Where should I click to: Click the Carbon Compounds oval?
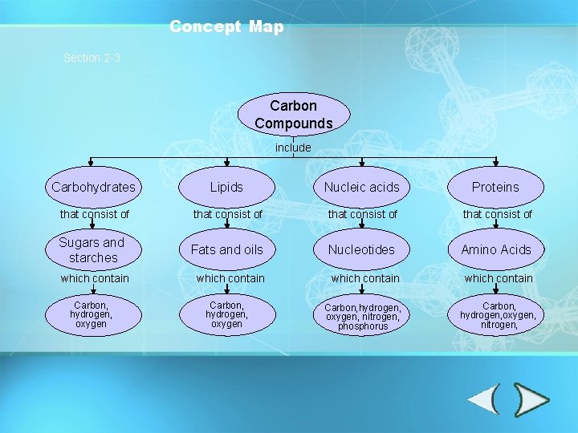[293, 114]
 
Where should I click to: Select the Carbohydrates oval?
[93, 187]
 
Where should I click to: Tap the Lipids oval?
[226, 187]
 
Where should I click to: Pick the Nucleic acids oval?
[361, 187]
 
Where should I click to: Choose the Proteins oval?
[495, 187]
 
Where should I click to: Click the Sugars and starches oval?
[93, 249]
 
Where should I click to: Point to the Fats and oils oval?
[226, 249]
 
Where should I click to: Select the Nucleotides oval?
[361, 249]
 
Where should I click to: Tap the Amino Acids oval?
[495, 249]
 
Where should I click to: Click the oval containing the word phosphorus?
[362, 317]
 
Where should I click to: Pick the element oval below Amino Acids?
[498, 315]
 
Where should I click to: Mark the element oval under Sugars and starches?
[91, 314]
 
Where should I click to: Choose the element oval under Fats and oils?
[226, 314]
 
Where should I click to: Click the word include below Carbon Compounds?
[293, 148]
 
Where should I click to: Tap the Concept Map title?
[226, 26]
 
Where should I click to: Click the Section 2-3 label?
[92, 58]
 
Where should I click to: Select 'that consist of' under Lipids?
[227, 214]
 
